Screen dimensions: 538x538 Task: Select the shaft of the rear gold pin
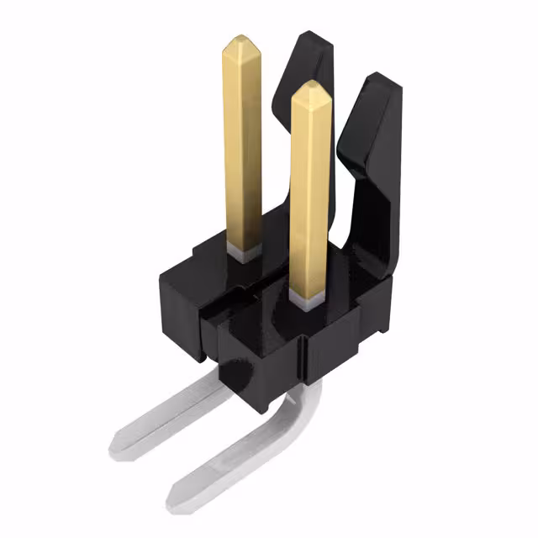[x=242, y=143]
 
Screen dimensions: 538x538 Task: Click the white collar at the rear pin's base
[x=244, y=252]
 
